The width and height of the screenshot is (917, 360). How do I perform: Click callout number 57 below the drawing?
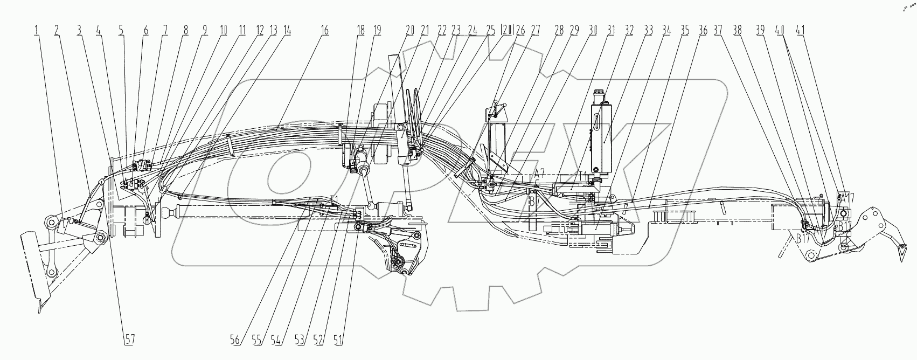coord(130,340)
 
